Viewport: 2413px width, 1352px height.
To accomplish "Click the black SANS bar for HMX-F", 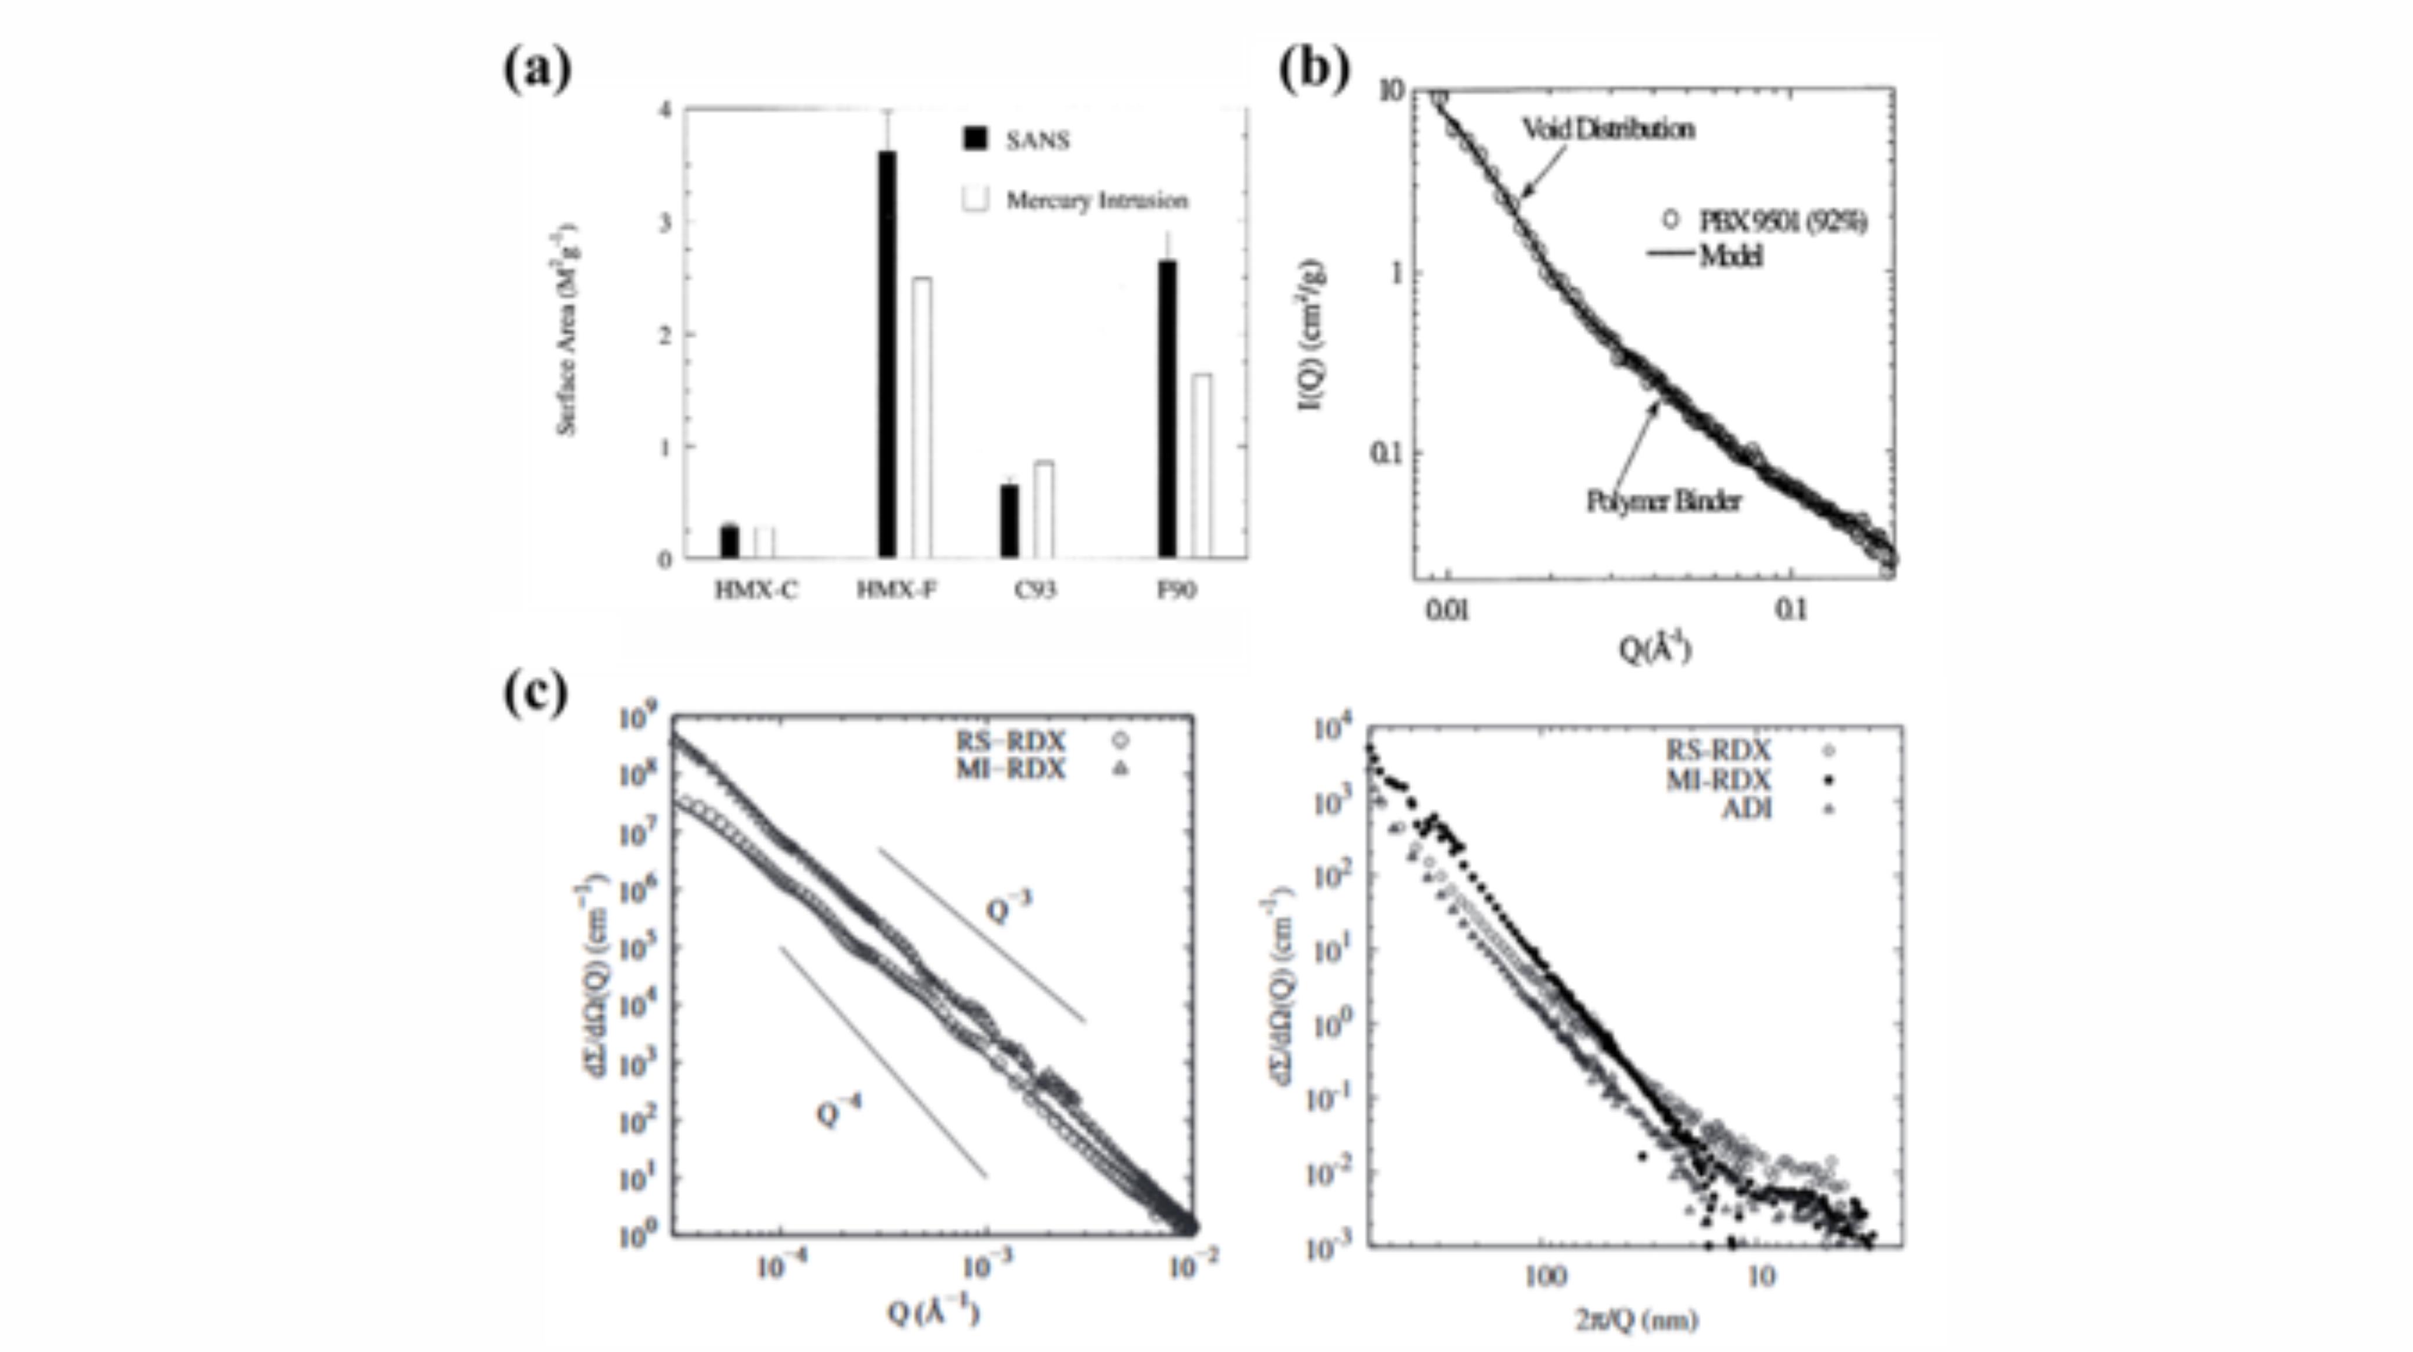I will [886, 354].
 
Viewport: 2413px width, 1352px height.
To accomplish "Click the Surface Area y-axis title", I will [567, 330].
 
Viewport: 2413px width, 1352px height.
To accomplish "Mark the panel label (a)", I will [537, 70].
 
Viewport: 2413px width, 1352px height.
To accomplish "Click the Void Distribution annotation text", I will [1607, 128].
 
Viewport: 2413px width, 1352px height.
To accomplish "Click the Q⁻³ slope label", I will [1009, 907].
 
